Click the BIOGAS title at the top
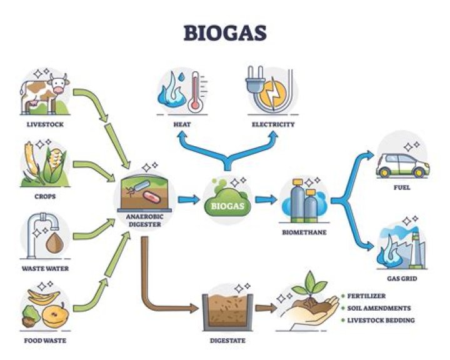(224, 32)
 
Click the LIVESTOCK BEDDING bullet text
(381, 321)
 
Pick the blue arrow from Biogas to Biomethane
(265, 200)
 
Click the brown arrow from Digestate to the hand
(265, 308)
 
